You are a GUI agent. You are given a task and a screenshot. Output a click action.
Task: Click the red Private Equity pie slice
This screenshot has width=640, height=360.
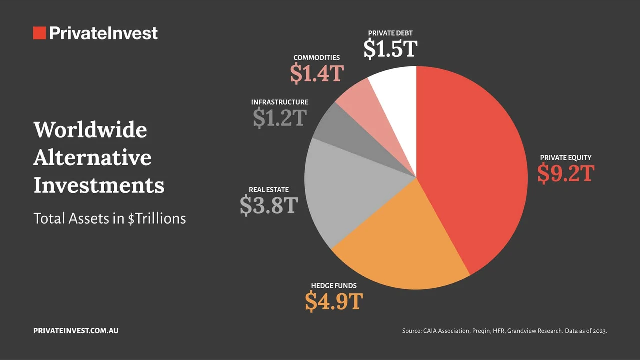[x=475, y=165]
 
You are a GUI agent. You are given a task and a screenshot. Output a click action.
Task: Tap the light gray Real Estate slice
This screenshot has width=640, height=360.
[x=345, y=190]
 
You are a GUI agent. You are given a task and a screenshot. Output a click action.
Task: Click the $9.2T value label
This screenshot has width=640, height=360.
[x=565, y=174]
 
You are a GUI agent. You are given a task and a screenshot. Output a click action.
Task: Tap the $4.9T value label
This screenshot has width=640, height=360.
[x=333, y=301]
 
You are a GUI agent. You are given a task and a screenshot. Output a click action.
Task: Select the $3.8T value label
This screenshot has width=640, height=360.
[x=269, y=205]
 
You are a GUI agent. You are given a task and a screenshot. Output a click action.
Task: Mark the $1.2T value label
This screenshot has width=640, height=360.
[x=279, y=118]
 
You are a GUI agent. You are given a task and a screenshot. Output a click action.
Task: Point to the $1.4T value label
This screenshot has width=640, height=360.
[x=317, y=73]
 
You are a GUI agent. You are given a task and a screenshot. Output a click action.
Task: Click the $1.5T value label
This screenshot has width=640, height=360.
[x=390, y=49]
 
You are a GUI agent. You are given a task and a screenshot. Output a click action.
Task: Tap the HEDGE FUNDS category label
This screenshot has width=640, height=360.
[x=334, y=286]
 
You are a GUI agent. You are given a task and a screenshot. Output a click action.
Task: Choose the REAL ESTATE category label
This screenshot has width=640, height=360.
[x=269, y=190]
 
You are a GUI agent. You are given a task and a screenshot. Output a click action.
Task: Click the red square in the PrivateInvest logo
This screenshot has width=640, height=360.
[x=39, y=33]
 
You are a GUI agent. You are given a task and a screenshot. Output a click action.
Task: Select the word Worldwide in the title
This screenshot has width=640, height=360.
[x=90, y=130]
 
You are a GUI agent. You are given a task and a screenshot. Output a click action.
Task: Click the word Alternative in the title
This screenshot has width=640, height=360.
[x=92, y=158]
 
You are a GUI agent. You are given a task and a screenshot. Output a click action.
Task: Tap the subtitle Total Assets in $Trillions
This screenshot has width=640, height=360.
[x=109, y=218]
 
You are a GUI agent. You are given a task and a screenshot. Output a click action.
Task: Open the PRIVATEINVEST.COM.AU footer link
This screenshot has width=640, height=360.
[x=76, y=331]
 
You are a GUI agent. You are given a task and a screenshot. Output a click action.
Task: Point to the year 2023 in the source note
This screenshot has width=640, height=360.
[x=599, y=331]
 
